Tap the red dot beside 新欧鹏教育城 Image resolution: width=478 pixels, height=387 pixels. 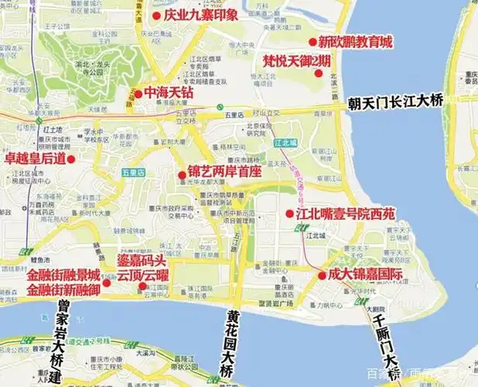tap(312, 42)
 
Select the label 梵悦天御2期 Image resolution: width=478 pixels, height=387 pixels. tap(297, 61)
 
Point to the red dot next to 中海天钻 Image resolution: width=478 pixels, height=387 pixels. tap(138, 94)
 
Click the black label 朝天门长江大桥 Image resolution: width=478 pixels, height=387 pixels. tap(395, 101)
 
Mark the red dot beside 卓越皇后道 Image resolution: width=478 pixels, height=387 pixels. tap(70, 159)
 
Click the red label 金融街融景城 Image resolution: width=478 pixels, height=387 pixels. tap(63, 275)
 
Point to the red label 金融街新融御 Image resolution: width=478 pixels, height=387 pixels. tap(63, 289)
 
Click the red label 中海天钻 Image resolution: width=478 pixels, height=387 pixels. tap(169, 93)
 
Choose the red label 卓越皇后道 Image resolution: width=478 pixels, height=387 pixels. tap(35, 159)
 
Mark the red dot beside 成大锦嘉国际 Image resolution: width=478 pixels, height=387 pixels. tap(322, 276)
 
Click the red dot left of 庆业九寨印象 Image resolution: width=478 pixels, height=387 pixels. tap(155, 15)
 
